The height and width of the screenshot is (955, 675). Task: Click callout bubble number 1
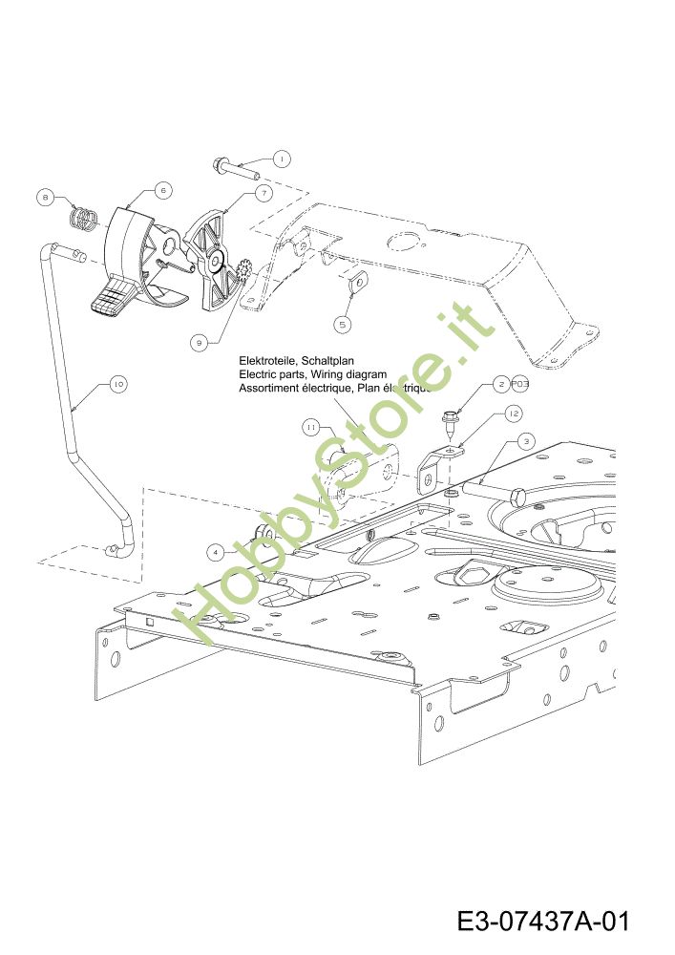point(282,159)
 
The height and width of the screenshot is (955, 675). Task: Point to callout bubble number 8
point(45,198)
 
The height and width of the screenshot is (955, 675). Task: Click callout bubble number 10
point(117,384)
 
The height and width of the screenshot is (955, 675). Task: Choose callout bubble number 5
point(344,324)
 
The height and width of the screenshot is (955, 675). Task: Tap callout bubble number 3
point(525,440)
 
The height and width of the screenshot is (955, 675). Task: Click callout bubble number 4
point(218,551)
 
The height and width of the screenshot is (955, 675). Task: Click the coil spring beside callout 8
point(87,221)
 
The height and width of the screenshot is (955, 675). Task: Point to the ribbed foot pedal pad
point(109,297)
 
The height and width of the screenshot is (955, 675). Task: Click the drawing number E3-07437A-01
point(542,923)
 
